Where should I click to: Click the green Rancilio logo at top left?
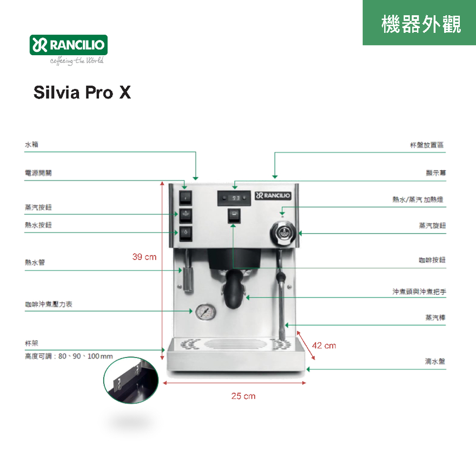click(69, 45)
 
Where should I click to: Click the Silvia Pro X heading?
click(82, 92)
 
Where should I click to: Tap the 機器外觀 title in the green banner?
click(421, 24)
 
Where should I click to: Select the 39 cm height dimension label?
click(144, 257)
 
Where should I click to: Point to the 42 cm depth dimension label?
click(324, 346)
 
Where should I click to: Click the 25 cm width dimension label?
click(243, 396)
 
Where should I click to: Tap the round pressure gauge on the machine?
click(206, 312)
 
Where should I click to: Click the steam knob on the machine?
click(282, 233)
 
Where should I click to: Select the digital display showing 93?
click(234, 198)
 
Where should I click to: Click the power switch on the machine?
click(186, 197)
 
